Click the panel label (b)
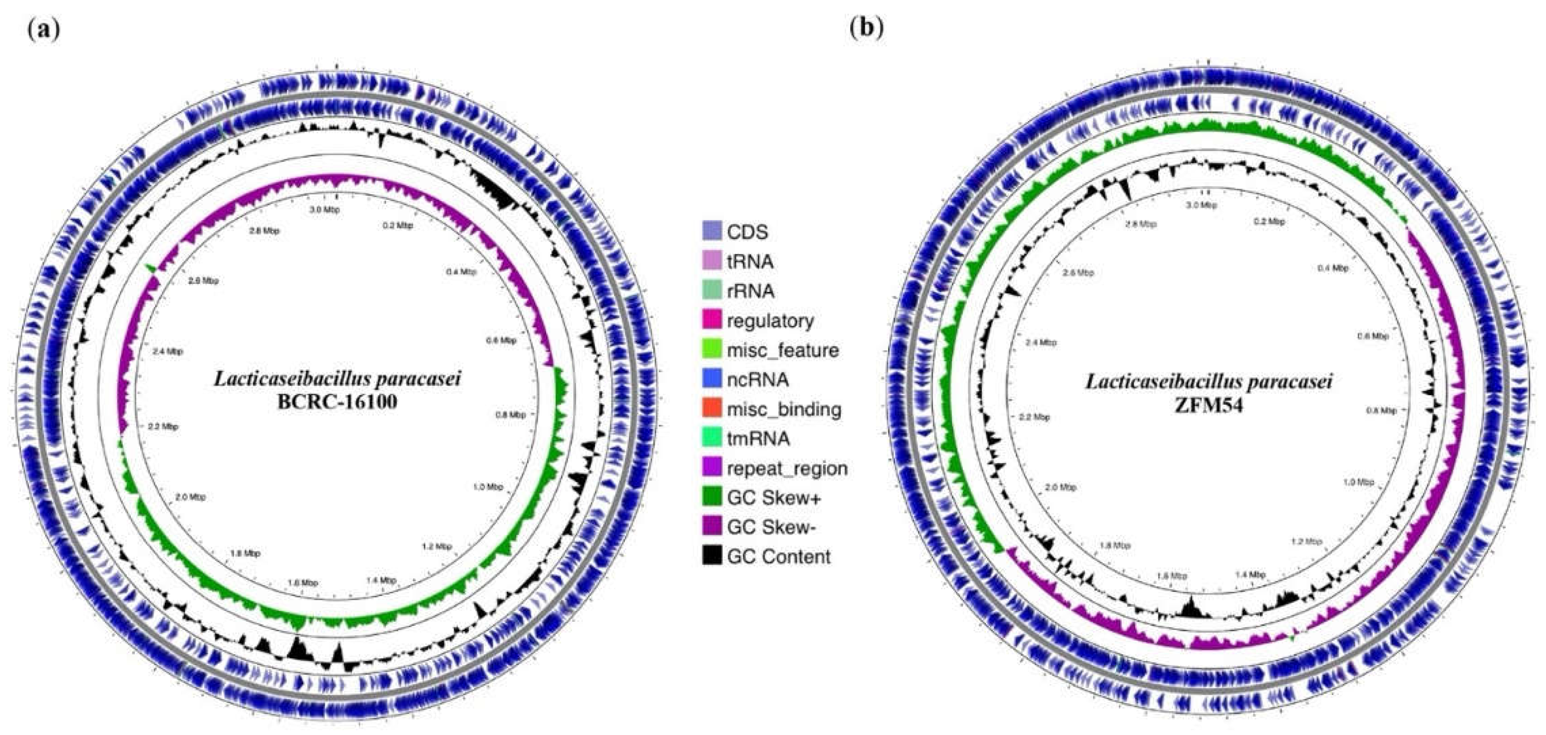click(867, 29)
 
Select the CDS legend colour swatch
click(712, 232)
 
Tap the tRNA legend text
click(750, 261)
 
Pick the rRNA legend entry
click(750, 291)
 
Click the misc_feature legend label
click(783, 350)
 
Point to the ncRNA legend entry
click(757, 379)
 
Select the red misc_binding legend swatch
click(712, 409)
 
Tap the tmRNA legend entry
click(758, 439)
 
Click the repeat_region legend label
click(787, 468)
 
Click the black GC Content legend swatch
click(712, 556)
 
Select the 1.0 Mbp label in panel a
click(487, 487)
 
